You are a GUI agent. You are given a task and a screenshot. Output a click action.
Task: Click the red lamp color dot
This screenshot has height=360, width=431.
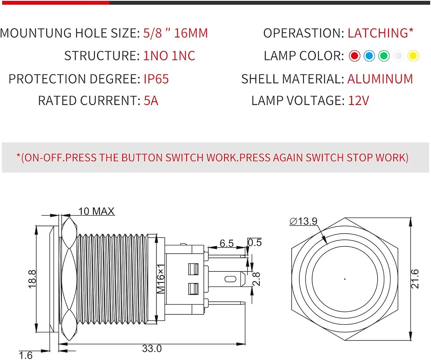(x=354, y=56)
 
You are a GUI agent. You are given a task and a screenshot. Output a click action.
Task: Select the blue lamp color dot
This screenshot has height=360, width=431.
(x=369, y=56)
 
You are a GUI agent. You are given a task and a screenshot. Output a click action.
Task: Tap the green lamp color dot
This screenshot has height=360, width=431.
(x=384, y=56)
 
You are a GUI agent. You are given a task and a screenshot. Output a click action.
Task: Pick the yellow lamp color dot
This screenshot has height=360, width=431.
(x=413, y=56)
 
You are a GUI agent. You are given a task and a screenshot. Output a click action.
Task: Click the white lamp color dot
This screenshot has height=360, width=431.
(x=399, y=56)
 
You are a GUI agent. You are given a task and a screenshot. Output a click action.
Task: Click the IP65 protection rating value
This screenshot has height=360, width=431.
(x=156, y=79)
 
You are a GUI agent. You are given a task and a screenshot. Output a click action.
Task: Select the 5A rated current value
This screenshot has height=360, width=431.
(x=151, y=100)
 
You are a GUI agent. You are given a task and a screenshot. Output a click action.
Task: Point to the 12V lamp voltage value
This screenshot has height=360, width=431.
(x=359, y=100)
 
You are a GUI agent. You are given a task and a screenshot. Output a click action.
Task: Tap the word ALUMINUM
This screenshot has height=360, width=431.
(x=380, y=79)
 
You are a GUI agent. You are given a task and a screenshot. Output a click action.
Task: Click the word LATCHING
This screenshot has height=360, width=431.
(x=378, y=33)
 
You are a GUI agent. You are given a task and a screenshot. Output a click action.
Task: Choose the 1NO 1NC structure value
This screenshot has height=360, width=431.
(x=169, y=56)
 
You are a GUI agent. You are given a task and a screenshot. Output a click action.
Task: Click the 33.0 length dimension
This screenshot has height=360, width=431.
(x=152, y=348)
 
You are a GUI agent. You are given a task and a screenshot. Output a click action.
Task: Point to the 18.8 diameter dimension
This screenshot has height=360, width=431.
(x=32, y=279)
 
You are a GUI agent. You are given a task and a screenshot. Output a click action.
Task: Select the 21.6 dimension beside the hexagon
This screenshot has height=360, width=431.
(x=415, y=279)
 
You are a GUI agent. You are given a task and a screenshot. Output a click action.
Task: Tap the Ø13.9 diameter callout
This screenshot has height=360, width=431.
(x=303, y=221)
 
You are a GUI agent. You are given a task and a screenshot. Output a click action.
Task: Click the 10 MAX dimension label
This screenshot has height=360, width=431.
(x=96, y=211)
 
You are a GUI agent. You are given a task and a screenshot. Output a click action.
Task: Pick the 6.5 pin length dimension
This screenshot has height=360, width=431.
(x=227, y=243)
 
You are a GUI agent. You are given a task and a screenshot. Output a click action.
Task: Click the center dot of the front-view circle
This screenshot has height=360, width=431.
(x=345, y=279)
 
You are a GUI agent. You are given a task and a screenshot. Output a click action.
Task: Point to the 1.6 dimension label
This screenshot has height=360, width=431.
(x=25, y=355)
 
